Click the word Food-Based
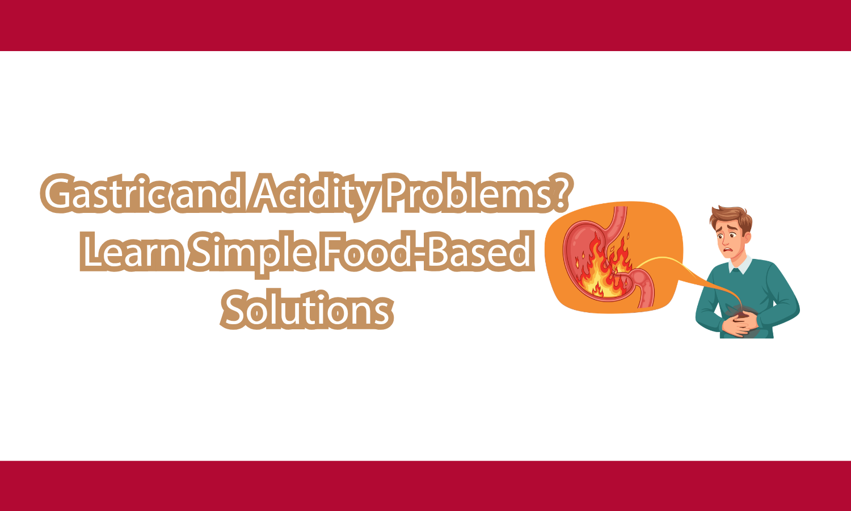pyautogui.click(x=426, y=252)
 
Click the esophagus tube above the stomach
pyautogui.click(x=620, y=219)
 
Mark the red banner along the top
pyautogui.click(x=425, y=26)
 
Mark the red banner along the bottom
pyautogui.click(x=425, y=486)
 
